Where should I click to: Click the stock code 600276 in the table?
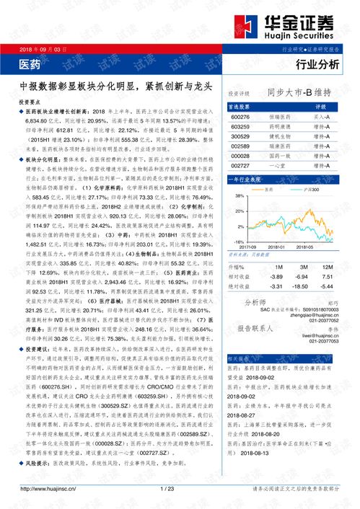[240, 116]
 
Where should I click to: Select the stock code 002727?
[240, 165]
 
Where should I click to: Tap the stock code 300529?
[240, 136]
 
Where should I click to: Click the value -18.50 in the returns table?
[300, 286]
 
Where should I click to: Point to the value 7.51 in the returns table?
[327, 275]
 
